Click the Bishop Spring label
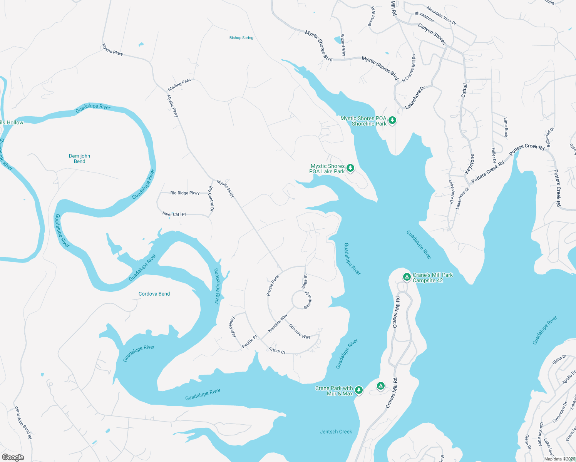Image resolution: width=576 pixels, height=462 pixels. [x=241, y=38]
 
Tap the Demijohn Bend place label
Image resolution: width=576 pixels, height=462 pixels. [x=79, y=159]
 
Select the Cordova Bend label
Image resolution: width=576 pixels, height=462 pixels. [x=154, y=294]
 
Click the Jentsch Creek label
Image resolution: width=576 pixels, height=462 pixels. [x=336, y=432]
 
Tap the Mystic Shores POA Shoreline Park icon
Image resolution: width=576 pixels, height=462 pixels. [x=392, y=121]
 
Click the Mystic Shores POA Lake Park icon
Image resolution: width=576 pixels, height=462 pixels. [x=350, y=168]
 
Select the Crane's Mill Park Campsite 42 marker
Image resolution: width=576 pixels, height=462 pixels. [x=407, y=277]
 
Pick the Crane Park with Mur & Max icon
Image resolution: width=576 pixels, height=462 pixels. [x=359, y=390]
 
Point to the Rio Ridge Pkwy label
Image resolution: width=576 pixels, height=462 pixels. [x=185, y=193]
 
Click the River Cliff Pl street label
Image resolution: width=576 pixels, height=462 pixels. [x=174, y=214]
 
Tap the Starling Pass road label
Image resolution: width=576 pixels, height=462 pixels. [x=179, y=85]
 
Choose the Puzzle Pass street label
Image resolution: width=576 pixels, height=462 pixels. [x=273, y=285]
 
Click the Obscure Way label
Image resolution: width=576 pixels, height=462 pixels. [x=299, y=331]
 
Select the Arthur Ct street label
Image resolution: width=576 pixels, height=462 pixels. [x=277, y=351]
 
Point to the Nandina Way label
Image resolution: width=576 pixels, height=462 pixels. [x=278, y=323]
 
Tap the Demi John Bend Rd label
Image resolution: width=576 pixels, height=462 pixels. [x=23, y=422]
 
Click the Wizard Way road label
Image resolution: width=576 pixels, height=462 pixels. [x=343, y=45]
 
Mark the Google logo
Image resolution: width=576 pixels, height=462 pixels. [x=13, y=457]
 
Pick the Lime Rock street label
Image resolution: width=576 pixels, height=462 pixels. [x=506, y=127]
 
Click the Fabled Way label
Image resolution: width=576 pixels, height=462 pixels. [x=233, y=327]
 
